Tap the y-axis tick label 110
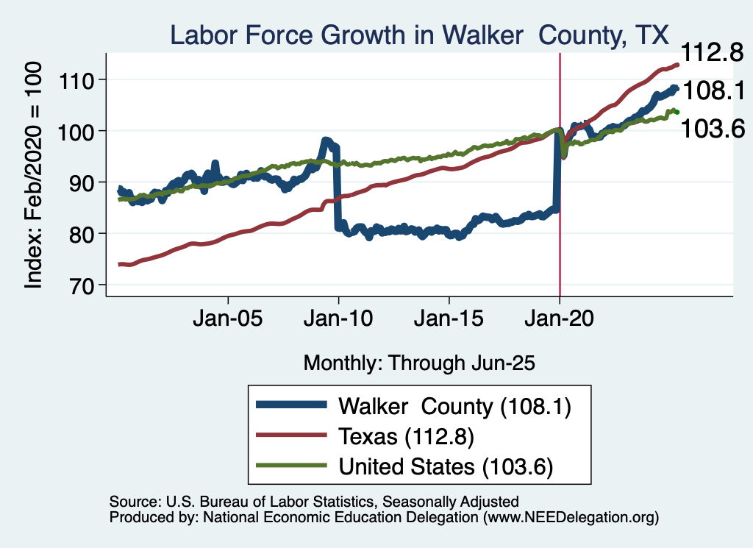click(x=84, y=79)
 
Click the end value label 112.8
click(x=710, y=53)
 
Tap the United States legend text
click(x=445, y=466)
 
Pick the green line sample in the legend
click(x=290, y=466)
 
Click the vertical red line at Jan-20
click(x=560, y=221)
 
